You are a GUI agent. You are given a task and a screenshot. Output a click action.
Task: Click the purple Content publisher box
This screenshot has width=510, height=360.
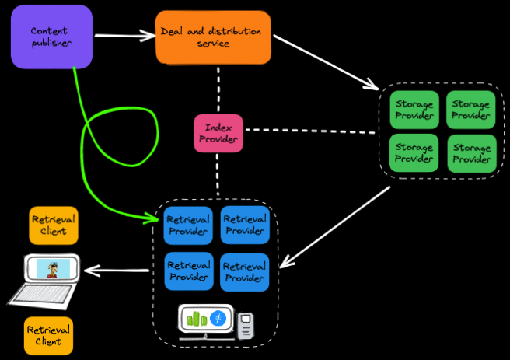[x=51, y=37]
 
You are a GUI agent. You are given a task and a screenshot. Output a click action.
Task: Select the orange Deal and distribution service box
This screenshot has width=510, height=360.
[x=212, y=37]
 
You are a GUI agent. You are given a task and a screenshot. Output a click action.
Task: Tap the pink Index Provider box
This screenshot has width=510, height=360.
[x=218, y=133]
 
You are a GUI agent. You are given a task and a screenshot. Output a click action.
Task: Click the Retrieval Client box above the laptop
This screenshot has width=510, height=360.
[x=54, y=225]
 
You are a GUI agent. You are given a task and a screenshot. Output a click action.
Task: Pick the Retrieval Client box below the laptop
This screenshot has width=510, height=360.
[x=48, y=335]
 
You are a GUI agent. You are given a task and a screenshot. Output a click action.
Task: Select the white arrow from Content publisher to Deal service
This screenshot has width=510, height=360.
[x=124, y=35]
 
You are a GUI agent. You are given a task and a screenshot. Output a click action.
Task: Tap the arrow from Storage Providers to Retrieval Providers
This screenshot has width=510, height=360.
[x=334, y=226]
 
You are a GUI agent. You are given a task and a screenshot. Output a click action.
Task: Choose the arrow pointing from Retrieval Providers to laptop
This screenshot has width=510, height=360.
[x=117, y=271]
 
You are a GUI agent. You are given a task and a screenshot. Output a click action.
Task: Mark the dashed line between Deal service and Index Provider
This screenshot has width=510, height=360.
[x=218, y=89]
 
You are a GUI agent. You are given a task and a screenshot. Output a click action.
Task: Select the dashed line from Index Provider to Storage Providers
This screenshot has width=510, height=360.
[x=311, y=131]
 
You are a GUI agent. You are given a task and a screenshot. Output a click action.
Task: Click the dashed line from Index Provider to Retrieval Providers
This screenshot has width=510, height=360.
[x=218, y=175]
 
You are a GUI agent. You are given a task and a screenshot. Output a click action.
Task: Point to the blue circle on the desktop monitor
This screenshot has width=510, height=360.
[x=220, y=318]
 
